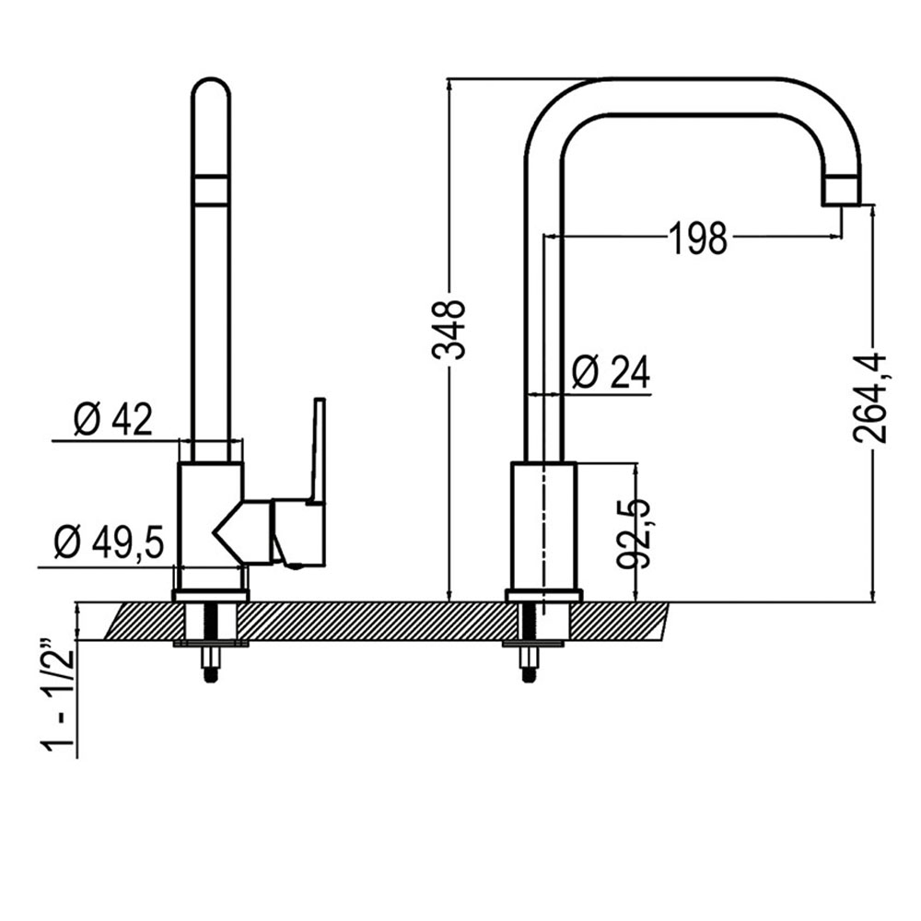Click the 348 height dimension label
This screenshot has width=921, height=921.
tap(449, 328)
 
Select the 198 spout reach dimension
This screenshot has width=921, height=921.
tap(697, 239)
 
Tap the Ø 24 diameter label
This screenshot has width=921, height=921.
tap(610, 373)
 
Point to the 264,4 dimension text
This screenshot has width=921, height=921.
tap(871, 398)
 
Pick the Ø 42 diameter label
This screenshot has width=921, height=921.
tap(112, 421)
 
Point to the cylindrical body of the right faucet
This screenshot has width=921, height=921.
tap(543, 525)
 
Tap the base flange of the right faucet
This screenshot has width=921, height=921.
tap(543, 595)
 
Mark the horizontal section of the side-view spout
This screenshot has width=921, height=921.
tap(700, 97)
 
